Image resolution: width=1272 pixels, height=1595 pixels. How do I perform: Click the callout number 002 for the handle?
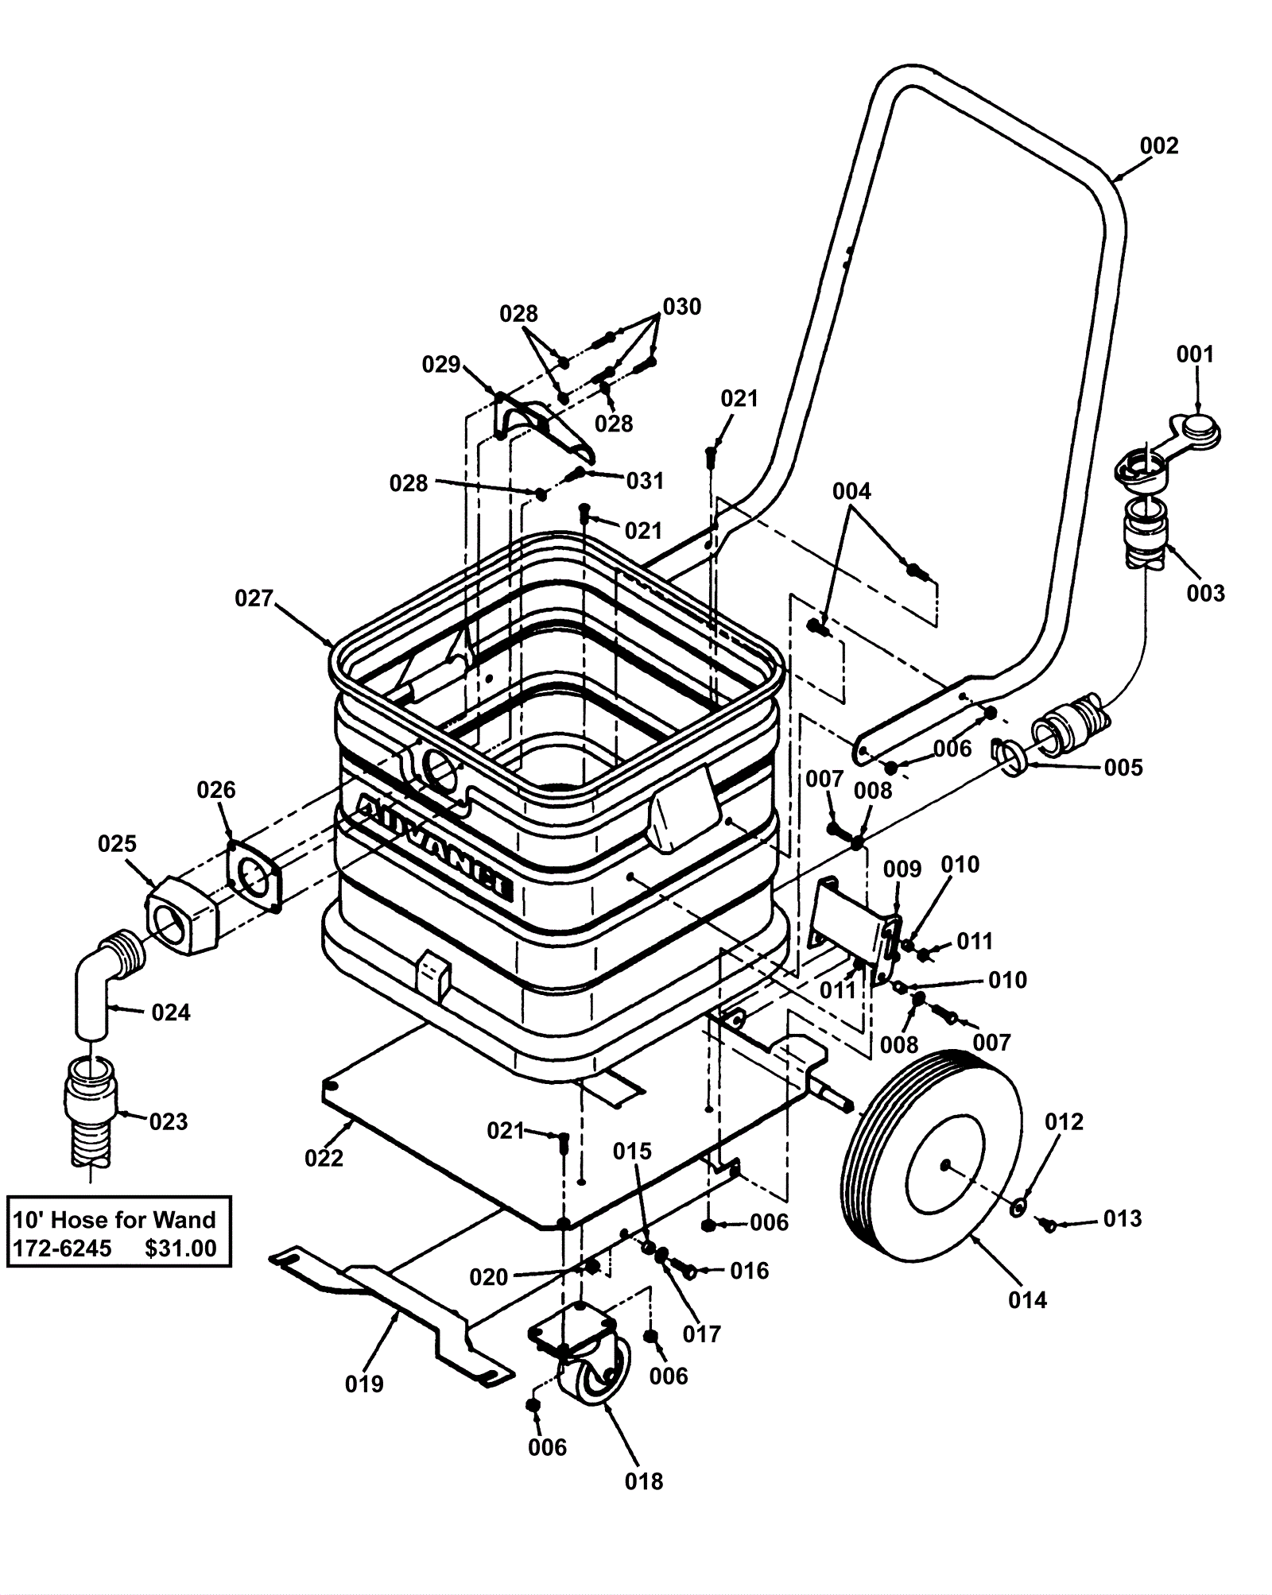(x=1158, y=146)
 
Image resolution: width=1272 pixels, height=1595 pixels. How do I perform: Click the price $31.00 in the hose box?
(x=180, y=1249)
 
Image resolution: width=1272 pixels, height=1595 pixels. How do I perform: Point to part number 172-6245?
(x=62, y=1249)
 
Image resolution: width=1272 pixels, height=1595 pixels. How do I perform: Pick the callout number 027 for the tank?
(x=254, y=598)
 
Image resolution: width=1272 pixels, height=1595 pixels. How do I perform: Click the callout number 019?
(x=364, y=1384)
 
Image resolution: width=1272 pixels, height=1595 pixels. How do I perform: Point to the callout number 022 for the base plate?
(x=324, y=1158)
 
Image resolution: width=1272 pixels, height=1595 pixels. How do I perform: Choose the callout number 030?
(x=681, y=307)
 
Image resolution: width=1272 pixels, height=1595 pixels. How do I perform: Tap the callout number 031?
(x=645, y=481)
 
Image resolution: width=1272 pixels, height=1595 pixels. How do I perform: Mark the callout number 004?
(x=851, y=492)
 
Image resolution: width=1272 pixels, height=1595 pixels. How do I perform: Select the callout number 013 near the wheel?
(x=1122, y=1218)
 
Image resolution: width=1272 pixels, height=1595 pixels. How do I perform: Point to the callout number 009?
(x=902, y=869)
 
